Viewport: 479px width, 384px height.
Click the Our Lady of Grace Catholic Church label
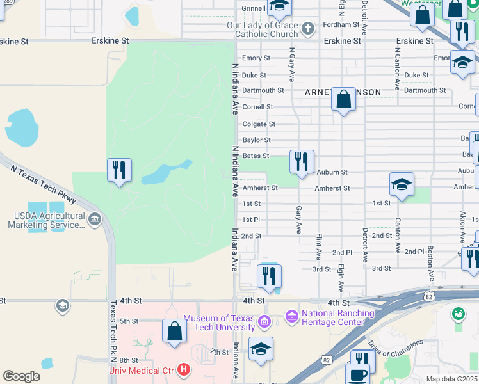[263, 29]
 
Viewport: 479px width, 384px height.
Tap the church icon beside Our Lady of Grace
[308, 28]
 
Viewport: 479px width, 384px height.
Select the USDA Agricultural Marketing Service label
[46, 221]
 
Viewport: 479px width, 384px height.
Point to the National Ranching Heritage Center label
[337, 317]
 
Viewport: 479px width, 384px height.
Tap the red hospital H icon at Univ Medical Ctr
[184, 370]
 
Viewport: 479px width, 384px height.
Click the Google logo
[21, 376]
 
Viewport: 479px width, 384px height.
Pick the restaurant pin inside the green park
[119, 170]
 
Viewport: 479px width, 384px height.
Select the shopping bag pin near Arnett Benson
[344, 100]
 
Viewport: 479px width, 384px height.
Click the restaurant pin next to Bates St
[302, 161]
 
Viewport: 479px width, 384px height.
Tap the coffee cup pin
[358, 374]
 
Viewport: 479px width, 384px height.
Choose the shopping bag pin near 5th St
[174, 332]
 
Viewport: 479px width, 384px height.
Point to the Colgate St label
[259, 124]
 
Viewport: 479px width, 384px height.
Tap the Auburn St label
[332, 172]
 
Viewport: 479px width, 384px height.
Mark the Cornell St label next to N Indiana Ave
[257, 107]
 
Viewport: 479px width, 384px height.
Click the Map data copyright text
[452, 379]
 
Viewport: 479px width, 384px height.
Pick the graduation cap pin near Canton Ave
[402, 184]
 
